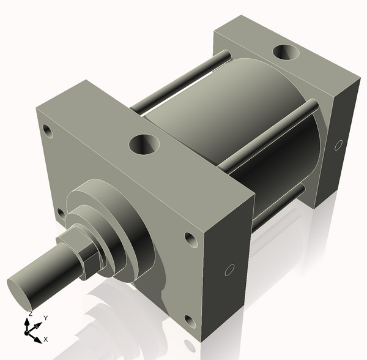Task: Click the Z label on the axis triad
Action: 29,313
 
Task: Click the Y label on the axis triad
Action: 45,318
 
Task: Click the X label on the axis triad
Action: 46,339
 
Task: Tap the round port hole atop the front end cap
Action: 144,145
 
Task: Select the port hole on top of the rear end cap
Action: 286,53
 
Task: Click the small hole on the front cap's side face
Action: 230,270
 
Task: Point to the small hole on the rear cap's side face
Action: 338,146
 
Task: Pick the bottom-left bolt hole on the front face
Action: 60,212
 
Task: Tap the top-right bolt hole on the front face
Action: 190,238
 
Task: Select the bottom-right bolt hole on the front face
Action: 190,320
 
